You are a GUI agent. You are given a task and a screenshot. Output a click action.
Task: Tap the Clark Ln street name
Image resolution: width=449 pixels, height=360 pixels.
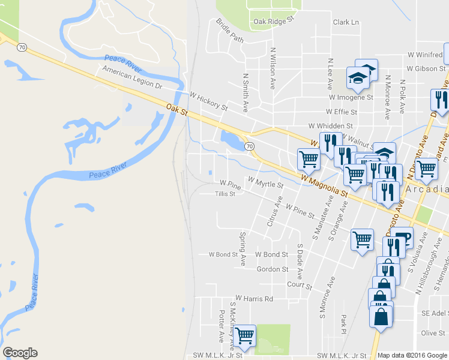(346, 22)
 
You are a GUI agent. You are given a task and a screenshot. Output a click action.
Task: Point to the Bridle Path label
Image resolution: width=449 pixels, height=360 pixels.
(230, 31)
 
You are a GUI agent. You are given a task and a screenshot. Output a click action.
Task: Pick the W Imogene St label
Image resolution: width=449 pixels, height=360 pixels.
(351, 97)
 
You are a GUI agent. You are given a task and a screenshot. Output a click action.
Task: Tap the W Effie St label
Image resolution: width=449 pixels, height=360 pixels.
(342, 112)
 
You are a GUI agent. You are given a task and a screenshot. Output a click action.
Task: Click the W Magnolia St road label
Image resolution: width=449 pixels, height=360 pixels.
(325, 184)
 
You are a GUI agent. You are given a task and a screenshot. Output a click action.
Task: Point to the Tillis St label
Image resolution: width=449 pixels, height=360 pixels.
(225, 194)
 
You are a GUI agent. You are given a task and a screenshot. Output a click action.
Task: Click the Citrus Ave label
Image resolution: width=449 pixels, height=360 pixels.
(274, 215)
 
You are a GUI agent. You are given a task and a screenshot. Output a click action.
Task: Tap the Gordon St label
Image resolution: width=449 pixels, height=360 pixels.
(273, 269)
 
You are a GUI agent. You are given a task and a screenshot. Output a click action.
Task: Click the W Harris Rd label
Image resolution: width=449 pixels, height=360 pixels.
(254, 298)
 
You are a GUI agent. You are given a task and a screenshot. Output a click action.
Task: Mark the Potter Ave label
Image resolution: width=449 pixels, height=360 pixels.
(221, 326)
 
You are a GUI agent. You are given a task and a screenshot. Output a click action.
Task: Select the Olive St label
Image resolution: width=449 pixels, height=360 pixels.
(433, 332)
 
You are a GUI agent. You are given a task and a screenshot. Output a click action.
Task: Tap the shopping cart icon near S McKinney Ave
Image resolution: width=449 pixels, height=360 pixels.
(244, 336)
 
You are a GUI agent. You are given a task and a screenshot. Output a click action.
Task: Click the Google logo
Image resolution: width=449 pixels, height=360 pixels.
(20, 353)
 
